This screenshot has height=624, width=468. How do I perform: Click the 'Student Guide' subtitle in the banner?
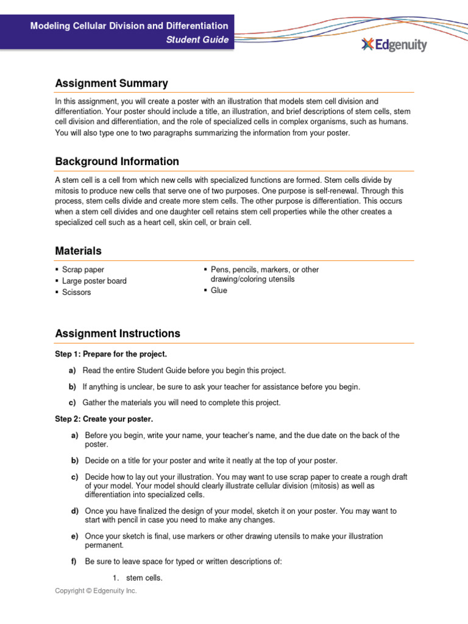point(198,40)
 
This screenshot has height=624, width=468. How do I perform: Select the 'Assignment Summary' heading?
point(112,83)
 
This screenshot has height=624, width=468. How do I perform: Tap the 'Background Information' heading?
point(117,161)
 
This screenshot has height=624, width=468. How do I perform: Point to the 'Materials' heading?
point(79,251)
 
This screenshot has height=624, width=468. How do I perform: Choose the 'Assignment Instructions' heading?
point(118,333)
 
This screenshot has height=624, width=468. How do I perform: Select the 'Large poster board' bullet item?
point(94,281)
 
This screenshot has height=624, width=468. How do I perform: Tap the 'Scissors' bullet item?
point(76,292)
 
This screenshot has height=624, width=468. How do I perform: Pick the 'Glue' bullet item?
point(219,291)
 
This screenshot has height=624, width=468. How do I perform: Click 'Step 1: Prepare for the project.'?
point(111,354)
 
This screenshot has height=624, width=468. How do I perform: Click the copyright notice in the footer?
point(96,590)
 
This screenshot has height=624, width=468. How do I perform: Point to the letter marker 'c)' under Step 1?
point(72,403)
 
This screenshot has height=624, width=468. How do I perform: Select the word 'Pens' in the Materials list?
point(221,269)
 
